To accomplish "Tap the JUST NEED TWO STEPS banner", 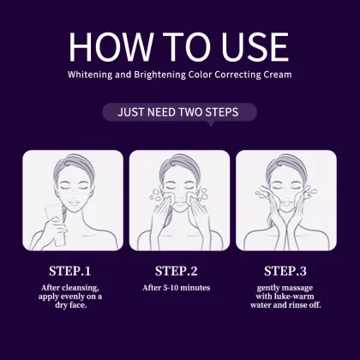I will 181,112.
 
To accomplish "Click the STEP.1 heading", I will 73,271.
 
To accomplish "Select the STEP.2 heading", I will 181,271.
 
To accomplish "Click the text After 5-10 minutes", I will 181,288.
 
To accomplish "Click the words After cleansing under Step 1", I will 73,288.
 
